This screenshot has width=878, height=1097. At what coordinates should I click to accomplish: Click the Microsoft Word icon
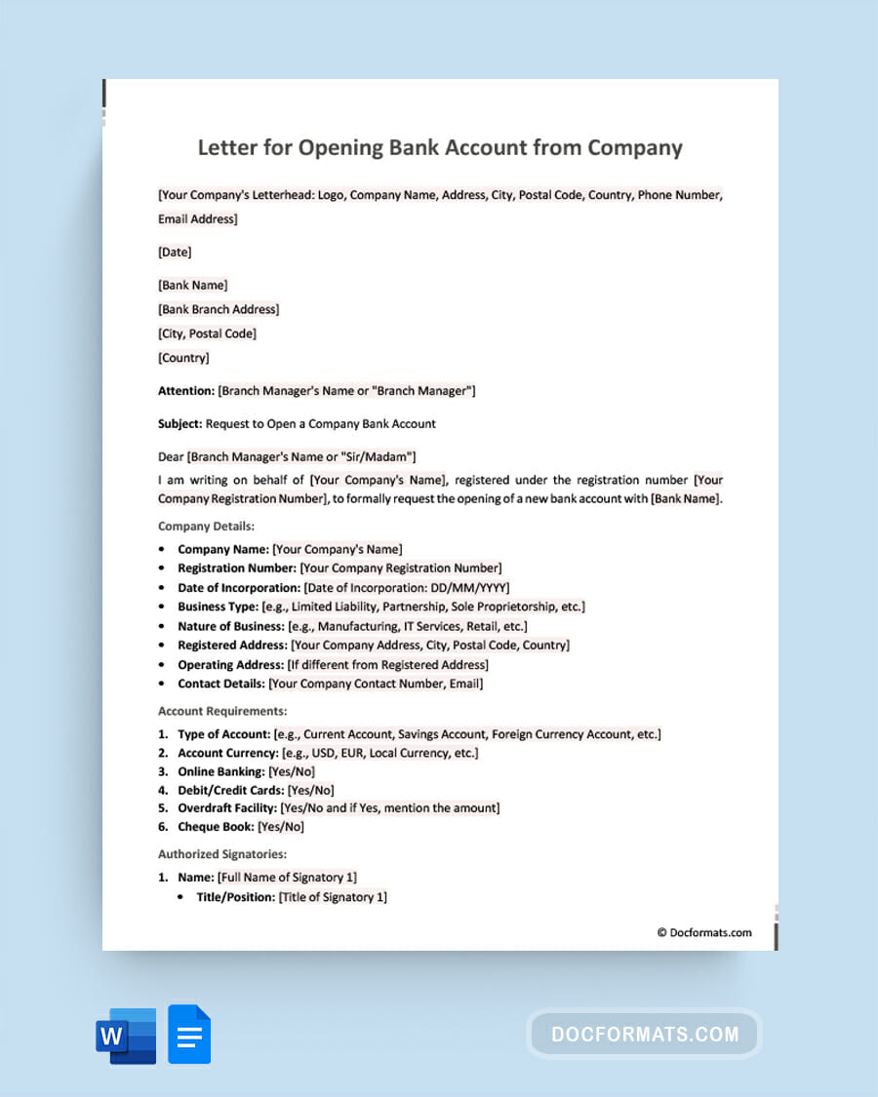pyautogui.click(x=126, y=1036)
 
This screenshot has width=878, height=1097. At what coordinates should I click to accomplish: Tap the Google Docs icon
pyautogui.click(x=189, y=1035)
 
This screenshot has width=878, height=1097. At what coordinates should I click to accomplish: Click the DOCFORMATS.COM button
pyautogui.click(x=645, y=1034)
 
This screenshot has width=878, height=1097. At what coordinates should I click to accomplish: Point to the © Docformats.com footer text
pyautogui.click(x=704, y=932)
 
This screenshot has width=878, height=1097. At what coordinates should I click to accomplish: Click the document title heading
pyautogui.click(x=440, y=148)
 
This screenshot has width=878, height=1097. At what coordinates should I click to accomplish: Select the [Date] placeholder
pyautogui.click(x=175, y=252)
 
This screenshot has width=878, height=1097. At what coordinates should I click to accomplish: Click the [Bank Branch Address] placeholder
pyautogui.click(x=219, y=309)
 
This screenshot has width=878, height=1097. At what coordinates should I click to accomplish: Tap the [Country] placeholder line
pyautogui.click(x=183, y=358)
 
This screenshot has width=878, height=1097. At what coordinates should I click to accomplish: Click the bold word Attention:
pyautogui.click(x=186, y=391)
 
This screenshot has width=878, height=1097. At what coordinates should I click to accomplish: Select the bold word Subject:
pyautogui.click(x=180, y=424)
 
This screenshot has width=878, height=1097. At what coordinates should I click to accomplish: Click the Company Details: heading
pyautogui.click(x=206, y=527)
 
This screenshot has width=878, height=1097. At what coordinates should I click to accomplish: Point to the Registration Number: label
pyautogui.click(x=237, y=568)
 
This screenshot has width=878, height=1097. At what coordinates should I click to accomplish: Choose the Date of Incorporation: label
pyautogui.click(x=239, y=587)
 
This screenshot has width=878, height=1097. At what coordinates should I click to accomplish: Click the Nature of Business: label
pyautogui.click(x=231, y=626)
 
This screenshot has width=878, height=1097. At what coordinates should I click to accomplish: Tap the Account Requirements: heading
pyautogui.click(x=222, y=712)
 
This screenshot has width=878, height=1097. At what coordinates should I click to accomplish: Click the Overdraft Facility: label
pyautogui.click(x=226, y=808)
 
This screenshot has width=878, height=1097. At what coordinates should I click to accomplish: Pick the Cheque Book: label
pyautogui.click(x=216, y=827)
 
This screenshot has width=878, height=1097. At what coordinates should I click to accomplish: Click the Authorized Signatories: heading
pyautogui.click(x=222, y=854)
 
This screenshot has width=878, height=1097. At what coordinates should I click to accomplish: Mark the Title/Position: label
pyautogui.click(x=235, y=897)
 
